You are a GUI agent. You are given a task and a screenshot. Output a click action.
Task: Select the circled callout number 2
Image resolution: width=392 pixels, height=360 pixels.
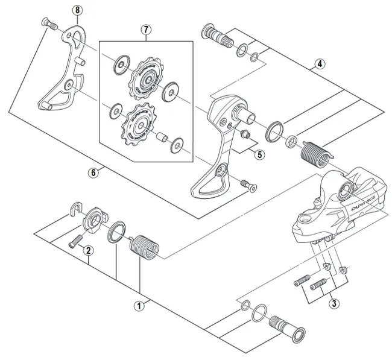click(89, 250)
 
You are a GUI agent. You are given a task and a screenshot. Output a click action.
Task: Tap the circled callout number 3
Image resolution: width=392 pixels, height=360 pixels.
click(333, 303)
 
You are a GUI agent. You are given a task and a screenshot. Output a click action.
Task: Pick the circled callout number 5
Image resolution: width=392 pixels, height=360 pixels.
click(259, 154)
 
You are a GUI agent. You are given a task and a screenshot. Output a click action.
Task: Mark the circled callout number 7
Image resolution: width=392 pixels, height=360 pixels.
click(145, 30)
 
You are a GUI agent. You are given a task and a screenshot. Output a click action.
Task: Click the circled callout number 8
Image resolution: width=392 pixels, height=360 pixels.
click(75, 10)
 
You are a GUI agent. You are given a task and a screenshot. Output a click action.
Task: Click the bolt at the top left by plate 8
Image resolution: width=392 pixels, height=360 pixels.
click(48, 25)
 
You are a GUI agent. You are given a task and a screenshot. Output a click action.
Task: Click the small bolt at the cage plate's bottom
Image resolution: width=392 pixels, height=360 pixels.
click(245, 184)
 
